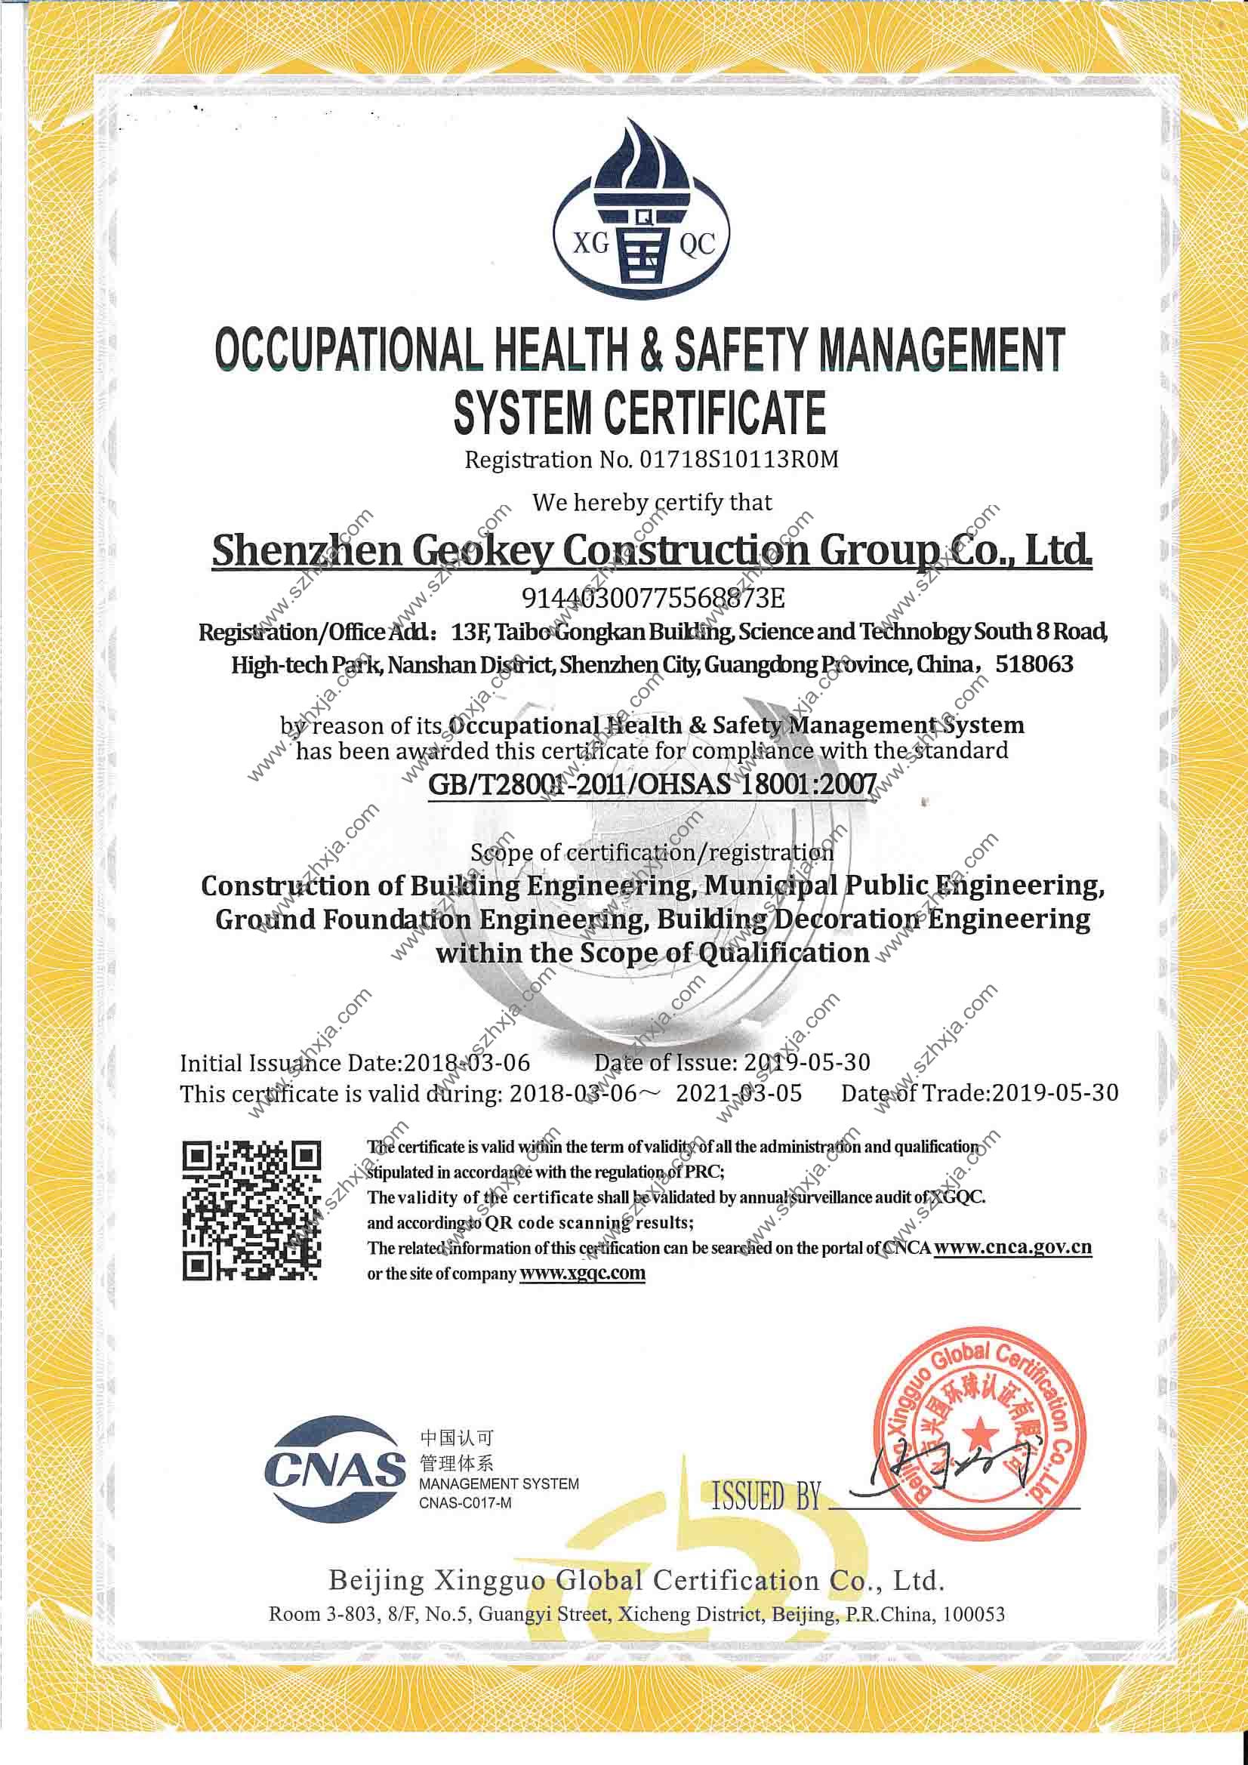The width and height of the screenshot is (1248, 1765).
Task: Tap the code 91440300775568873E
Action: tap(653, 597)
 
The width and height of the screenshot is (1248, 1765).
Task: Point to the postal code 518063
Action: tap(1034, 664)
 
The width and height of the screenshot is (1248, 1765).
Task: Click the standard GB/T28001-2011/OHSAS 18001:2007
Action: tap(652, 784)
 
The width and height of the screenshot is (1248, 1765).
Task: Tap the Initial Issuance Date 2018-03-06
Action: tap(467, 1063)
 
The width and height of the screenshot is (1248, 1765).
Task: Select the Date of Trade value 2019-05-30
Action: tap(1054, 1093)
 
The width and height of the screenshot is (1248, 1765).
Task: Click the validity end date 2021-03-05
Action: tap(738, 1093)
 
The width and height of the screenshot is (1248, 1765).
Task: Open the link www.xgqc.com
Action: tap(582, 1273)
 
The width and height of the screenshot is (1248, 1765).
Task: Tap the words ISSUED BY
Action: tap(766, 1496)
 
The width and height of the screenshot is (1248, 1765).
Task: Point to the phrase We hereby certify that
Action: tap(652, 503)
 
